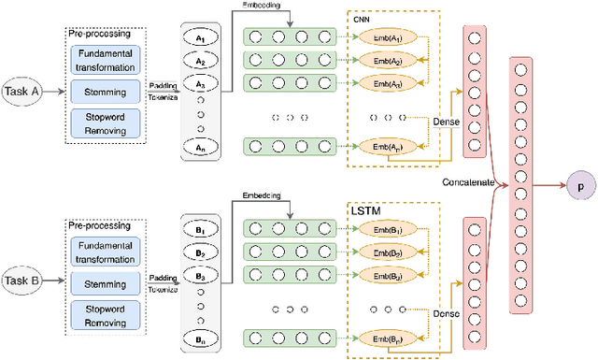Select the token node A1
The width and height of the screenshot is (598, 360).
(200, 38)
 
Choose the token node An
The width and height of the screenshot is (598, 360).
(200, 147)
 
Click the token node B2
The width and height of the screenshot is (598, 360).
(200, 252)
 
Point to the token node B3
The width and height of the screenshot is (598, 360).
(200, 277)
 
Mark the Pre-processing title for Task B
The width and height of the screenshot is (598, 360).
(98, 225)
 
